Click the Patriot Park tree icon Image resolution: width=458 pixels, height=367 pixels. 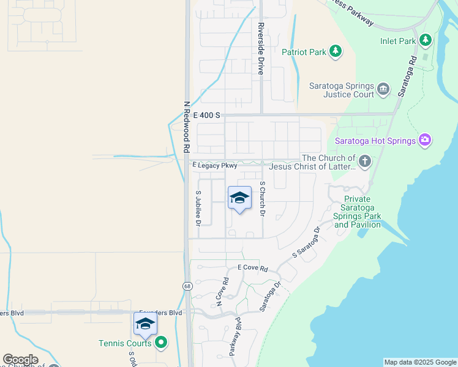tap(335, 52)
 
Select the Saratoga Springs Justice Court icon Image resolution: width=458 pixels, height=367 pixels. tap(383, 89)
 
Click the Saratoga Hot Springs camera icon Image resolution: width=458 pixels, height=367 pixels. tap(426, 140)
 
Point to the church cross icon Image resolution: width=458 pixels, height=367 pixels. tap(364, 161)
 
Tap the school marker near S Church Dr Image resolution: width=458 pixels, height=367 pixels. tap(239, 198)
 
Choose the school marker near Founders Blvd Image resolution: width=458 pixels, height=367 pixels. tap(145, 324)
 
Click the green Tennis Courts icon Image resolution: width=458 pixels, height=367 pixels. tap(161, 343)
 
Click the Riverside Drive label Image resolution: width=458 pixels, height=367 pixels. tap(261, 49)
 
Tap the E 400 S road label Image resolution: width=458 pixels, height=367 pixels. tap(206, 114)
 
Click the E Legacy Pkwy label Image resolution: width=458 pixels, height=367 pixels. tap(214, 166)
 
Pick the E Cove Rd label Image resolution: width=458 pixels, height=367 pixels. tap(253, 269)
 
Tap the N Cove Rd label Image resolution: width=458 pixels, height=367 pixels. tap(222, 292)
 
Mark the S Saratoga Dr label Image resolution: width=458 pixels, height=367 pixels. tap(307, 242)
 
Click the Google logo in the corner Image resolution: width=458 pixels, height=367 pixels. tap(20, 360)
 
